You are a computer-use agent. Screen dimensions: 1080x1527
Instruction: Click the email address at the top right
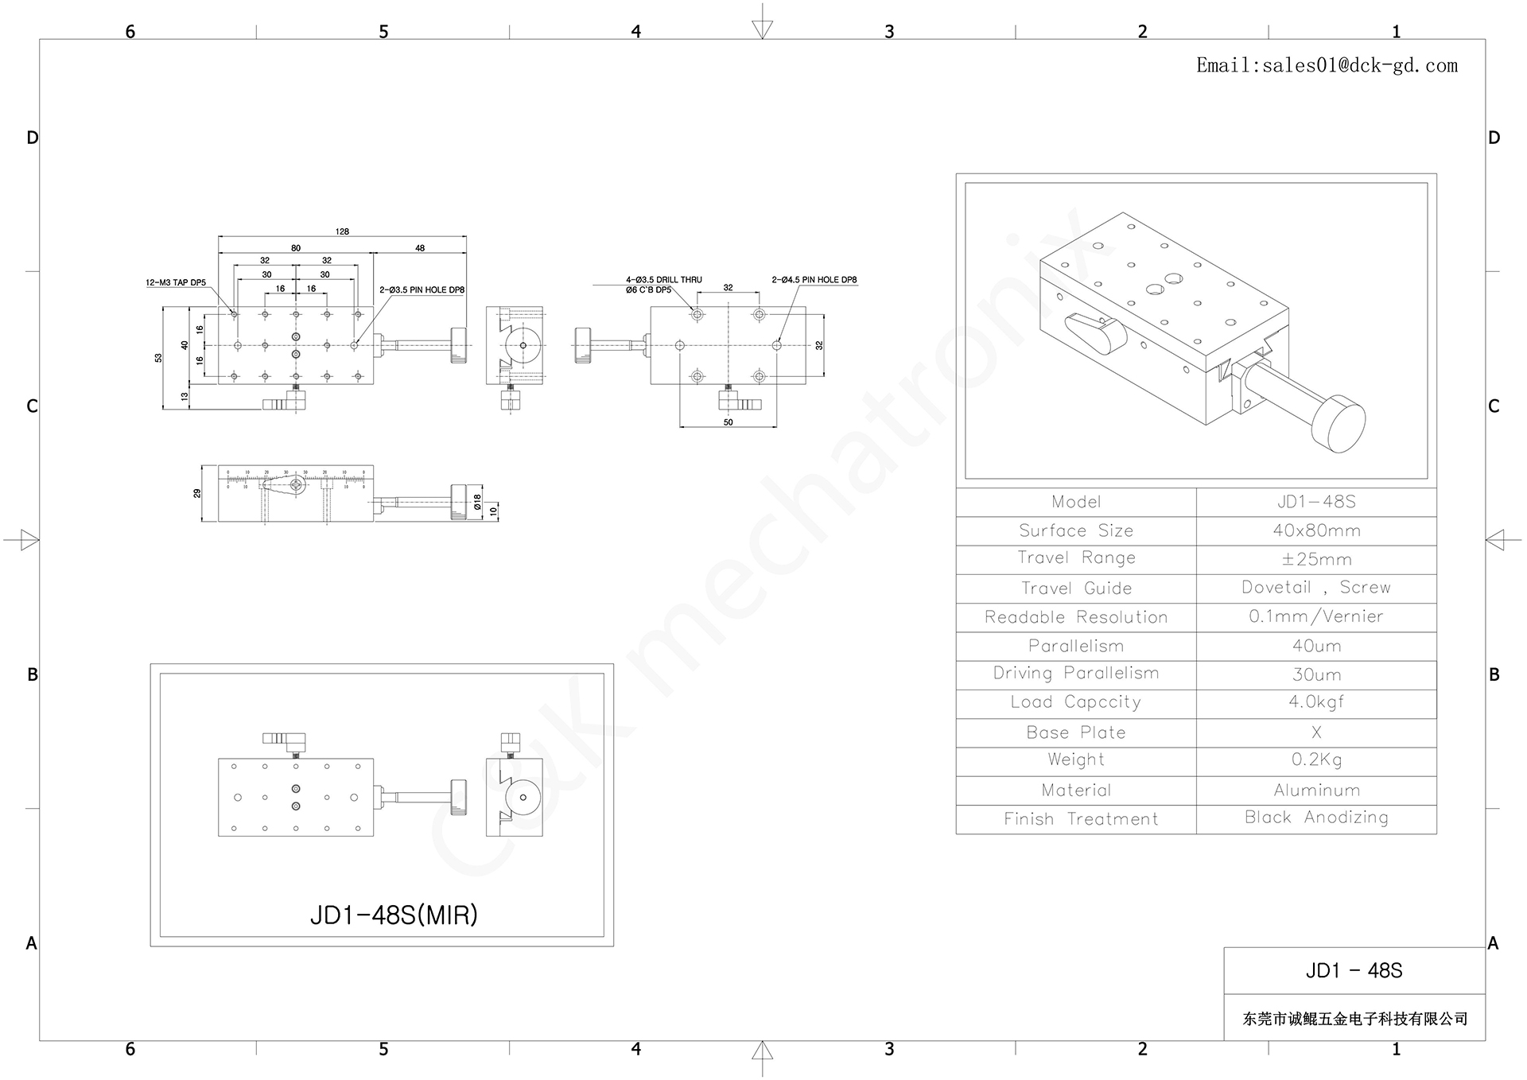[x=1327, y=66]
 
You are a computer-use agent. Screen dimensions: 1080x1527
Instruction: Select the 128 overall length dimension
[x=342, y=231]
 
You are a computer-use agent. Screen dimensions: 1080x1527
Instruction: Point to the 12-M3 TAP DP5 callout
[x=176, y=282]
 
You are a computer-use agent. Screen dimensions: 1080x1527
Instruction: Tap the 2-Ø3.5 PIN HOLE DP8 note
[x=422, y=290]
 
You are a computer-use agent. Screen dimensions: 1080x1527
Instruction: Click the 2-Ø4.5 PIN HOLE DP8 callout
[x=814, y=280]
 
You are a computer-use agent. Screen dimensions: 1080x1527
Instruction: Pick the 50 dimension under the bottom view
[x=728, y=422]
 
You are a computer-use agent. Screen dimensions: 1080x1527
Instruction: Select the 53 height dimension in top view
[x=158, y=358]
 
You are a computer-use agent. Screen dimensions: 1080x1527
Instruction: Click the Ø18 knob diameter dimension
[x=477, y=502]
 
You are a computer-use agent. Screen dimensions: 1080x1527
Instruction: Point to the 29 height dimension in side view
[x=197, y=493]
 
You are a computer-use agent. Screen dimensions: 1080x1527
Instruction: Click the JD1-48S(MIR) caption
[x=394, y=915]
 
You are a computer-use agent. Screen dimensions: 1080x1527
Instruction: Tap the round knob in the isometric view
[x=1339, y=424]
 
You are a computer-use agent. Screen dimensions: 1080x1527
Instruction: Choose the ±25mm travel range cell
[x=1316, y=559]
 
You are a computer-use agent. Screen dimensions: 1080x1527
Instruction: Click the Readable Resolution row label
[x=1076, y=617]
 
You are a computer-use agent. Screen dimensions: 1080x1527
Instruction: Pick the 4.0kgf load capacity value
[x=1316, y=702]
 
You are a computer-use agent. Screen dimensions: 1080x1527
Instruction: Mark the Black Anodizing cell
[x=1316, y=818]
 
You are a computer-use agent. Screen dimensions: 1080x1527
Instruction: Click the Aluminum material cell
[x=1316, y=791]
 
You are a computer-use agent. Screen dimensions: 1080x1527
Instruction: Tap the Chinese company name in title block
[x=1354, y=1019]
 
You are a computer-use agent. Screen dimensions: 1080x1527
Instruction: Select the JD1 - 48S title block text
[x=1354, y=971]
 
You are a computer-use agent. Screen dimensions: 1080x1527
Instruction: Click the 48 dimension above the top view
[x=420, y=248]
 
